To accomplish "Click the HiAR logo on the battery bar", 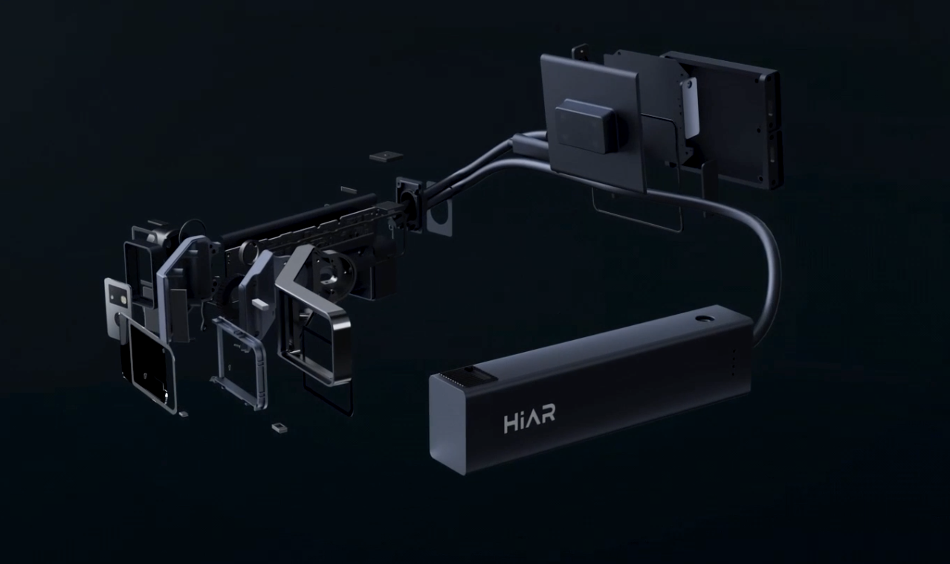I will point(529,421).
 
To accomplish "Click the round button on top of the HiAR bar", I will point(702,318).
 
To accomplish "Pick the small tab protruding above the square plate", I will point(576,54).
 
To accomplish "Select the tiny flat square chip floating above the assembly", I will point(385,156).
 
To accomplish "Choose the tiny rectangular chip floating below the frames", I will point(279,428).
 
